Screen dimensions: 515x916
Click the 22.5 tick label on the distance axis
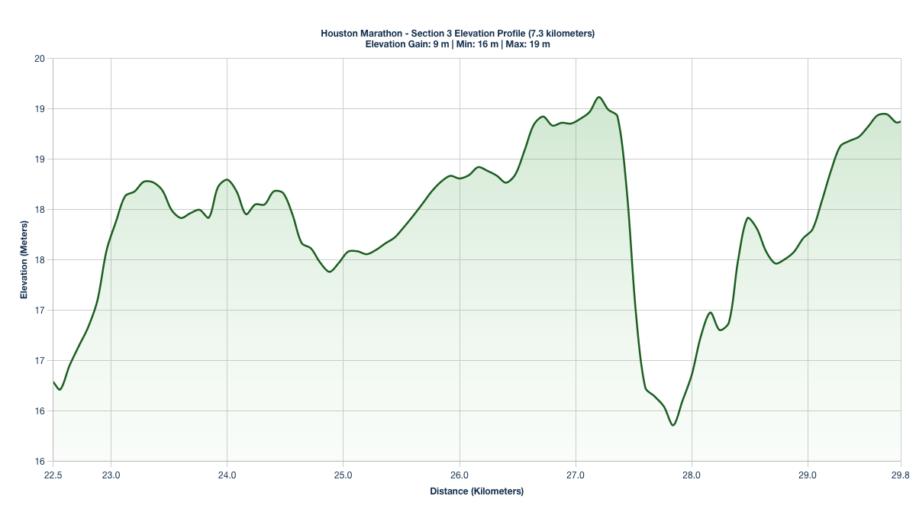point(53,475)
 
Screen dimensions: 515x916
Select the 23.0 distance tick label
point(111,475)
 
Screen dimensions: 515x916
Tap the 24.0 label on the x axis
point(227,475)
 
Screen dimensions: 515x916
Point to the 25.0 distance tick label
point(343,475)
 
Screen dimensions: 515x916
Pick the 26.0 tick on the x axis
point(460,475)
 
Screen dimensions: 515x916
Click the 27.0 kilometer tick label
point(576,475)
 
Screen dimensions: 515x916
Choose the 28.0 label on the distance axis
point(692,475)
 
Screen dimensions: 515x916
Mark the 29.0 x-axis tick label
point(808,475)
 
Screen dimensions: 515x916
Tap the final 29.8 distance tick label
point(900,475)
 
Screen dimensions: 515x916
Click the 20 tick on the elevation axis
point(40,59)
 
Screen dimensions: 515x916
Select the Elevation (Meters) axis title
point(24,260)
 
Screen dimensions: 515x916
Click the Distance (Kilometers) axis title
point(477,491)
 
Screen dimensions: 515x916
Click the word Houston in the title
point(338,34)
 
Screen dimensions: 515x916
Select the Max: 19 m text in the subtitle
point(527,44)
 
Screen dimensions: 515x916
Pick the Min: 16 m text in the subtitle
point(477,44)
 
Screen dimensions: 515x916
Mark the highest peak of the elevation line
point(599,97)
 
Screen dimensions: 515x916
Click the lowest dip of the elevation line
point(672,425)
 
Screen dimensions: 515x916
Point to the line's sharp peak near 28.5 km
point(748,217)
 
